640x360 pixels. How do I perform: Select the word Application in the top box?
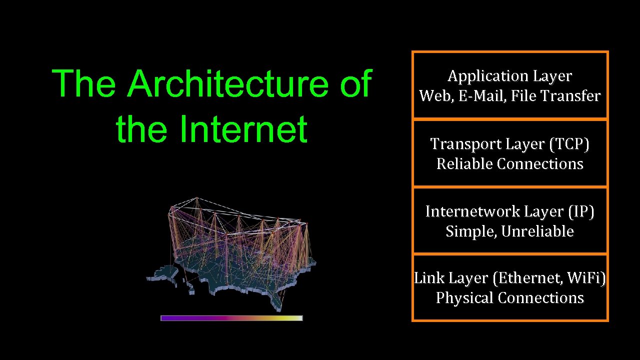coord(479,76)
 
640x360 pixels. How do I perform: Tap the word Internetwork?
coord(472,212)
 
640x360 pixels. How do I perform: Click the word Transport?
coord(465,144)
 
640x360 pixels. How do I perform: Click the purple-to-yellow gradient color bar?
coord(231,318)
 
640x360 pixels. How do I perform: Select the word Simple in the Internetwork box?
coord(471,231)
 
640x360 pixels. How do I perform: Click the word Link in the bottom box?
coord(429,278)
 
